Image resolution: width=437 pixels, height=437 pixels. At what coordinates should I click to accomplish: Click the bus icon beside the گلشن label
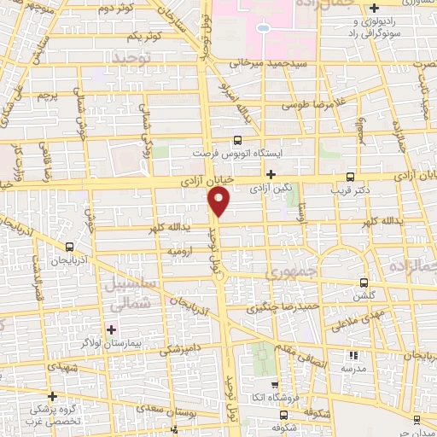(x=364, y=283)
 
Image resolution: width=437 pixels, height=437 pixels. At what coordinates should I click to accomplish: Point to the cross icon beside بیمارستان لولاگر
(x=111, y=329)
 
